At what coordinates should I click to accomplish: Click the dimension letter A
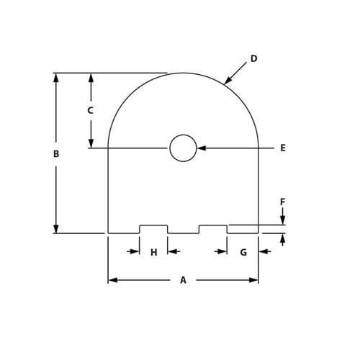point(183,280)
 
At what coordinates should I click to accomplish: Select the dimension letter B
point(56,154)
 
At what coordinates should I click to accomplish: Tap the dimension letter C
point(90,111)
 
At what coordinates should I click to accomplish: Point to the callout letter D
point(253,59)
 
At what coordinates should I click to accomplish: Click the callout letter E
point(283,148)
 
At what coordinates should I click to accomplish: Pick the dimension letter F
point(282,202)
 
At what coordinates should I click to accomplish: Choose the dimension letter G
point(243,252)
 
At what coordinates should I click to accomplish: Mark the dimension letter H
point(153,252)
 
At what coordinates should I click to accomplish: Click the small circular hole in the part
point(183,148)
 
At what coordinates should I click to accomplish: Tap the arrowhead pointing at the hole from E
point(202,148)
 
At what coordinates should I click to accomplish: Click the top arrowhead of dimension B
point(56,77)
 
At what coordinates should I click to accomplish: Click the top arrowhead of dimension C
point(91,77)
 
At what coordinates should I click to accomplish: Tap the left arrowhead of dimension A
point(112,280)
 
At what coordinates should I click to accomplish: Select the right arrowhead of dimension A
point(254,280)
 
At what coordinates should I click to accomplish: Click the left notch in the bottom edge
point(153,229)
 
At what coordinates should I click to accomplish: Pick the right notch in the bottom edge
point(213,229)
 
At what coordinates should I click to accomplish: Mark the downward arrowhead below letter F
point(282,220)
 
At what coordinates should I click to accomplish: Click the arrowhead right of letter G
point(263,251)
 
